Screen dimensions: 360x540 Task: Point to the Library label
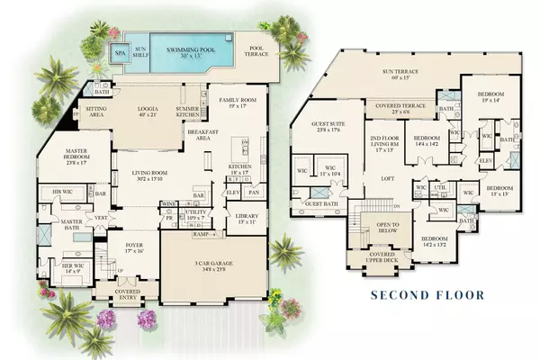245,219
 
